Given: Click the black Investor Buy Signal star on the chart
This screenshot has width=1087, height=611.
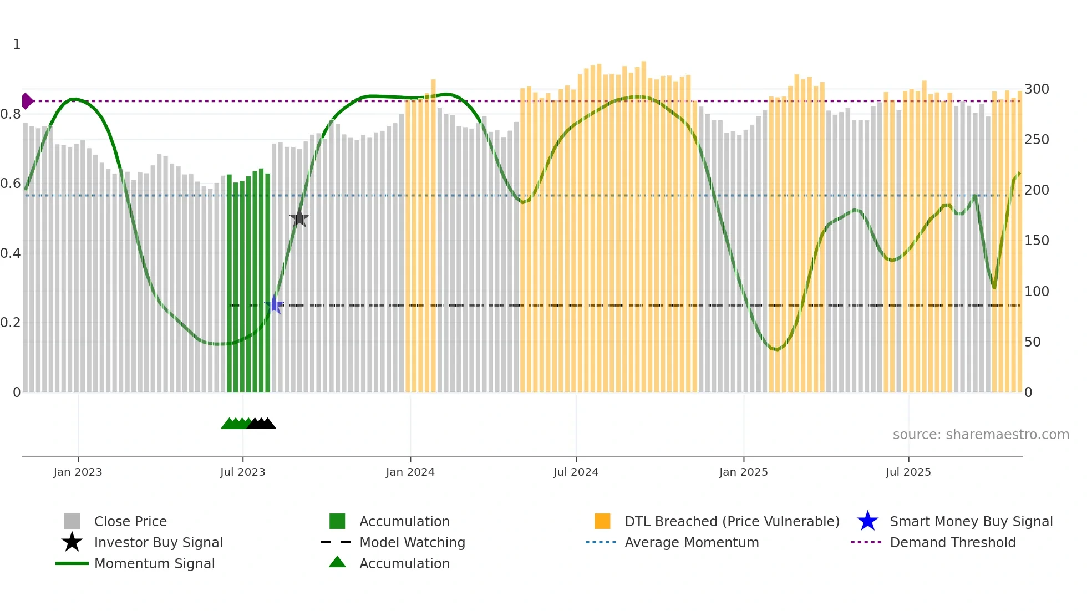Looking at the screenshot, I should (299, 218).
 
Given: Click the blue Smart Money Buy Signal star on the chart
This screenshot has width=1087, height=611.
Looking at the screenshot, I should (274, 304).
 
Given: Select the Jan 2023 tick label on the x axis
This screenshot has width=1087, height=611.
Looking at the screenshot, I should (78, 472).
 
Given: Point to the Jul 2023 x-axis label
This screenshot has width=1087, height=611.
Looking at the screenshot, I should (242, 472).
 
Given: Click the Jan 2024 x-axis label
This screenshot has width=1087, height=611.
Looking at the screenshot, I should (410, 472).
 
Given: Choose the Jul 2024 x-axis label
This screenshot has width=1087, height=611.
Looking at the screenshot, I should (576, 472).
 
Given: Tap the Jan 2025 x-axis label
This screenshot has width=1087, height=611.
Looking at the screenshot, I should (743, 472).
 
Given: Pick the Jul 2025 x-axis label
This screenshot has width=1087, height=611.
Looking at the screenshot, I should (908, 472).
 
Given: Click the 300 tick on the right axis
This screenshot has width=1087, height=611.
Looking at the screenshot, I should (1037, 89).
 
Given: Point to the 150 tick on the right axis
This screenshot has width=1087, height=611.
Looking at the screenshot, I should (1037, 241).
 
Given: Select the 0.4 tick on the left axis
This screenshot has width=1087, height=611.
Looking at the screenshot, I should (11, 253).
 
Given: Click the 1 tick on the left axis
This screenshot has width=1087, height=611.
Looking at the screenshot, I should (17, 44).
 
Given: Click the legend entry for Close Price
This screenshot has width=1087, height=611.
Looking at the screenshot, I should (130, 521).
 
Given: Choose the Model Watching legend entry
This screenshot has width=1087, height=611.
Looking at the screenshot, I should (412, 542).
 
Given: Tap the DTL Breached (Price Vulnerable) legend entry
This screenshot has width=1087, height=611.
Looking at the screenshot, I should (732, 521).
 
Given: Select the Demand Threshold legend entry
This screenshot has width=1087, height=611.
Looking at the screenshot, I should (952, 542).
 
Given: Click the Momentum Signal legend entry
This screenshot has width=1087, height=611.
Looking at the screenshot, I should (154, 563).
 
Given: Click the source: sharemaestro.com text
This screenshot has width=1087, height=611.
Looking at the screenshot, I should (981, 435).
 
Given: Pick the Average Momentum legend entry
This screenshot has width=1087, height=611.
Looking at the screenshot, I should (691, 542).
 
